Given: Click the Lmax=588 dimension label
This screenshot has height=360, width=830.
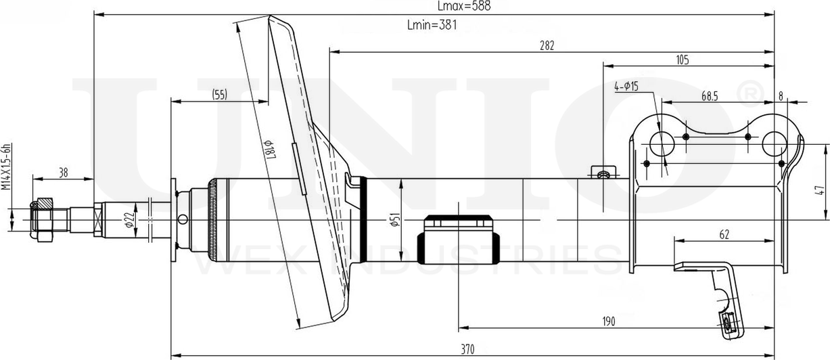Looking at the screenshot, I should click(463, 6).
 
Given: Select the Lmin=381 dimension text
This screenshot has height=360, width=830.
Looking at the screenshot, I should click(433, 26).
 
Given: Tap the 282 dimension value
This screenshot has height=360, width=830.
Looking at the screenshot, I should click(547, 46).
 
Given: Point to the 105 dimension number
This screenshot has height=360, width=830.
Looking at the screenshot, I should click(682, 61).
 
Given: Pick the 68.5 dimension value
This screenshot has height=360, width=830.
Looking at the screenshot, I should click(710, 97).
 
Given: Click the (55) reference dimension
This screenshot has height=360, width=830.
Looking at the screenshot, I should click(218, 95).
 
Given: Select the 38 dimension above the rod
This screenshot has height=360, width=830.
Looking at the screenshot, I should click(63, 173).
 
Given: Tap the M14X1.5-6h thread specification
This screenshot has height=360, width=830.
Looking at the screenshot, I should click(6, 166).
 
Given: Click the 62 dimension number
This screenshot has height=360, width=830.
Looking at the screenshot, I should click(724, 235).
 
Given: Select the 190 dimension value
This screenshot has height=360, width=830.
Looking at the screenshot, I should click(609, 321).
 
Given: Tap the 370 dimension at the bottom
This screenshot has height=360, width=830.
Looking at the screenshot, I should click(467, 349).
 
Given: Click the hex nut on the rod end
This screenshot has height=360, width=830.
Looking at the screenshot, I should click(43, 221).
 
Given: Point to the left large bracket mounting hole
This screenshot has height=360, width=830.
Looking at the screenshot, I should click(661, 143).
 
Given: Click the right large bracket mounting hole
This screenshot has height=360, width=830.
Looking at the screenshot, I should click(774, 143).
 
